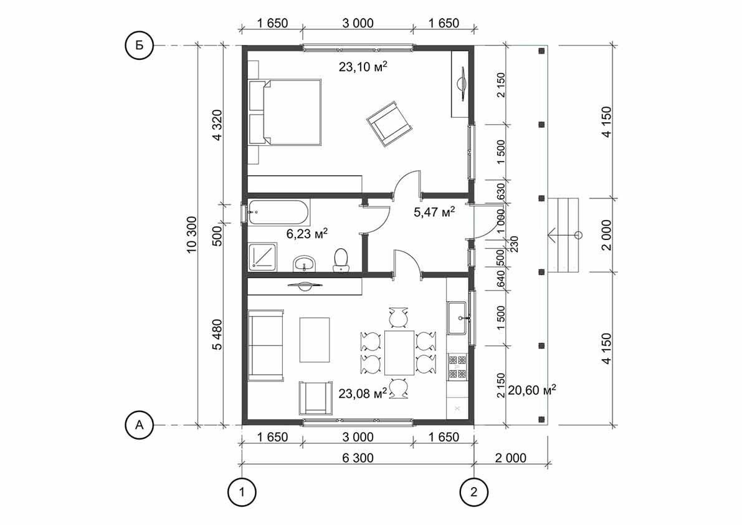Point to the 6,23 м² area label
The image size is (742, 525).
pos(307,234)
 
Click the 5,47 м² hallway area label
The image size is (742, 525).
pos(434,212)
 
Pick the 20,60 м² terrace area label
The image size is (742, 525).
pos(532,390)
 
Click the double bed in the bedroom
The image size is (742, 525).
pos(285,113)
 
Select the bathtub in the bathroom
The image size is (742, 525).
pos(278,213)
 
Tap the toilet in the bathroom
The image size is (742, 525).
pos(341,260)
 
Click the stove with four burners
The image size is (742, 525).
pos(457,367)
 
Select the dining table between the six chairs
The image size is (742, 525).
pos(399,352)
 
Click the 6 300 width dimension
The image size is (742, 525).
pos(358,458)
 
